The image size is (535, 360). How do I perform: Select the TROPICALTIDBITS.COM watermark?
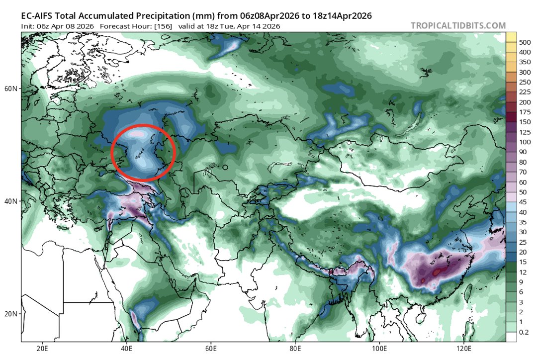458,26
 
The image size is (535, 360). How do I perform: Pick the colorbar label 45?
524,202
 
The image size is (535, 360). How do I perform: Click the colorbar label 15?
524,262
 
